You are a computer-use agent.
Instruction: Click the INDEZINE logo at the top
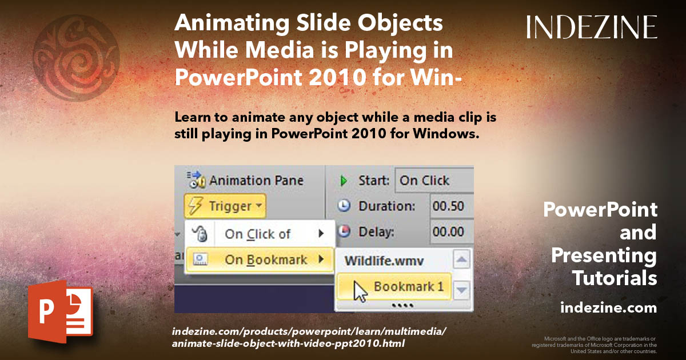point(592,27)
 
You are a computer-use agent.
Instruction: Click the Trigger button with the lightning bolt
point(225,206)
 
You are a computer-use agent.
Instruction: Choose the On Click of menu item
point(257,233)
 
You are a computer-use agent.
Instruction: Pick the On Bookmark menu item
point(266,259)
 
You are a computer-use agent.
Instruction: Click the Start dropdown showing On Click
point(433,181)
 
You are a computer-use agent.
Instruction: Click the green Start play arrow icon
point(344,181)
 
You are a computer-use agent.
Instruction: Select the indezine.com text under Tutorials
point(608,308)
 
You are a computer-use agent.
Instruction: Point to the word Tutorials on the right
point(615,278)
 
